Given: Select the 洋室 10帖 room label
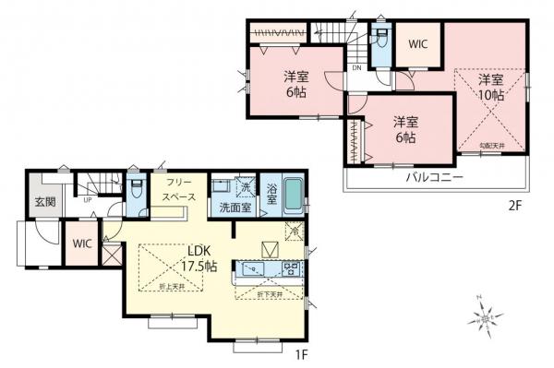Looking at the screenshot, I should point(490,86).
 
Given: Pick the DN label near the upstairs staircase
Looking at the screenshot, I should point(356,68).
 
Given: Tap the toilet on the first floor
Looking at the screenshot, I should point(136,189).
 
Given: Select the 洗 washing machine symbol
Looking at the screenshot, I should point(246,187).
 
